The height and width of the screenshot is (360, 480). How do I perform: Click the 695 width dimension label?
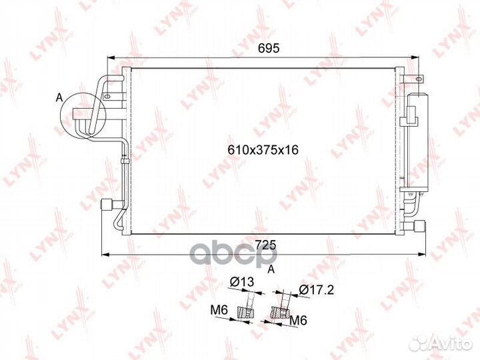point(269,49)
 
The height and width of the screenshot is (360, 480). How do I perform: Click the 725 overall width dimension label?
point(265,245)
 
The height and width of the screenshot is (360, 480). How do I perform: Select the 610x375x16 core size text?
point(263,150)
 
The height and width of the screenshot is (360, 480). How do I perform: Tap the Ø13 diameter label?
point(242,282)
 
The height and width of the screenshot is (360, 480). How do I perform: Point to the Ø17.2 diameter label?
point(316,289)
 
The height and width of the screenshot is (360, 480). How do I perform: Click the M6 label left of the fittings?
point(219,311)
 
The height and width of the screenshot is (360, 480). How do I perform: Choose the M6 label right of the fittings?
point(298,321)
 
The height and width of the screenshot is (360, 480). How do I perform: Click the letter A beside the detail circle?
point(59,98)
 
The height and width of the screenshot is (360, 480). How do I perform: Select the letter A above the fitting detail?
point(271,269)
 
